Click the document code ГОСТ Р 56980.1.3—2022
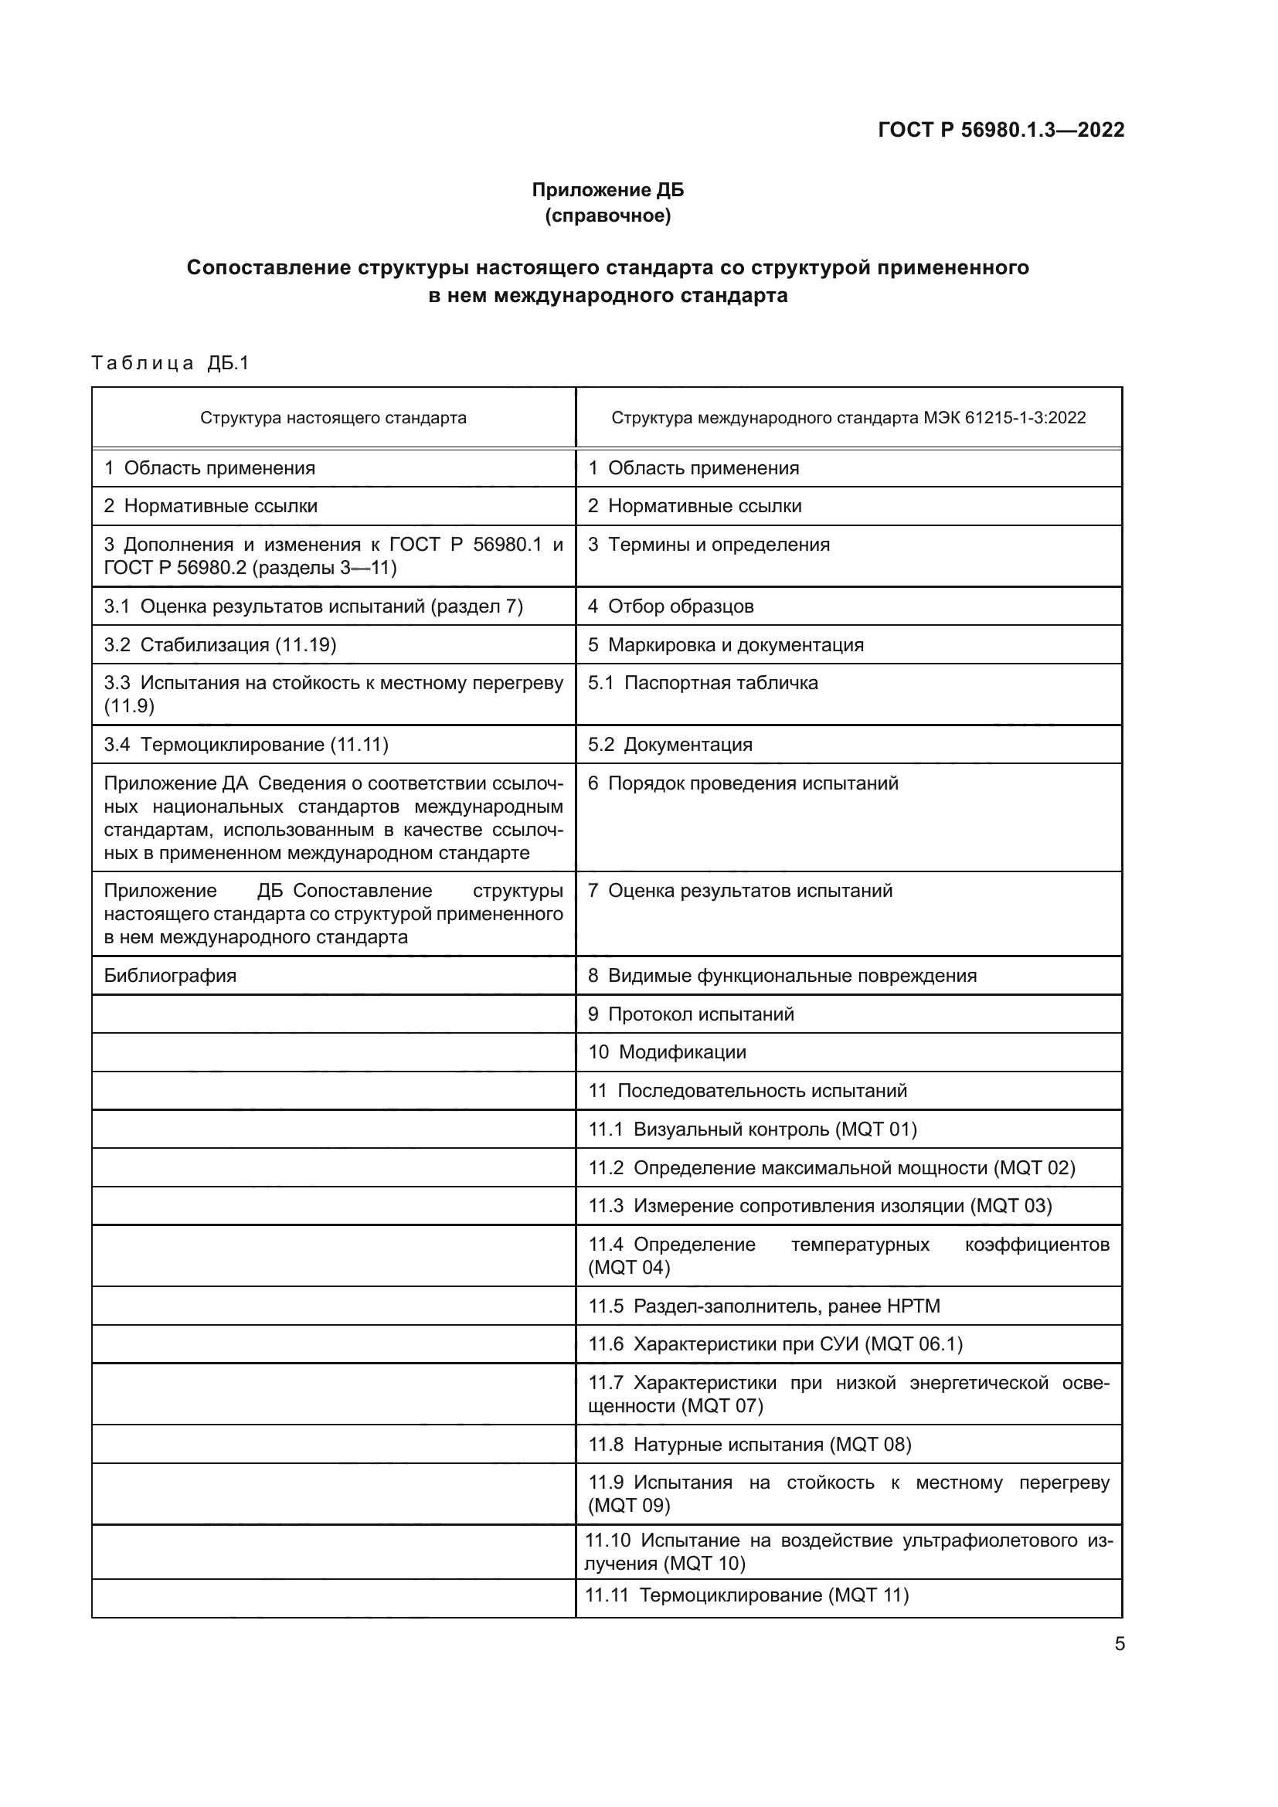[x=1001, y=130]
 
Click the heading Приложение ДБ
[x=607, y=190]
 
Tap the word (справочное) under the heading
[x=607, y=216]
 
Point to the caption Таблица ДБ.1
[x=170, y=363]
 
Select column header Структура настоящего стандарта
[x=333, y=418]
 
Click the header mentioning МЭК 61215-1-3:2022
[x=848, y=418]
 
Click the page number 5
[x=1119, y=1644]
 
